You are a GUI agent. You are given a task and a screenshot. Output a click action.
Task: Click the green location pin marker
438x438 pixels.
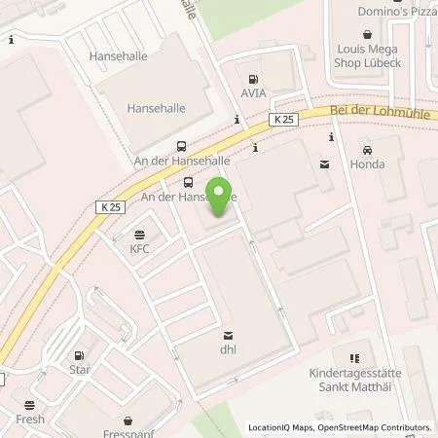click(219, 198)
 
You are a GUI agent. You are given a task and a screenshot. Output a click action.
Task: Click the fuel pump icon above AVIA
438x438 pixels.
click(254, 80)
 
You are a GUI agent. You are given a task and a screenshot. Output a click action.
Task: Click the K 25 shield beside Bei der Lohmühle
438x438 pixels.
click(282, 119)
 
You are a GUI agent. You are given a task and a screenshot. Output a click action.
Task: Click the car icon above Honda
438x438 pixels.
click(367, 151)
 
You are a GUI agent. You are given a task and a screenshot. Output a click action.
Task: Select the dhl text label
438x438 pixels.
click(229, 348)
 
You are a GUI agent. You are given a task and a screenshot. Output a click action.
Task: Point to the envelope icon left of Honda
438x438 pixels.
click(323, 165)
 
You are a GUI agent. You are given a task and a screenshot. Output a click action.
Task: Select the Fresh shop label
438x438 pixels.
click(30, 420)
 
